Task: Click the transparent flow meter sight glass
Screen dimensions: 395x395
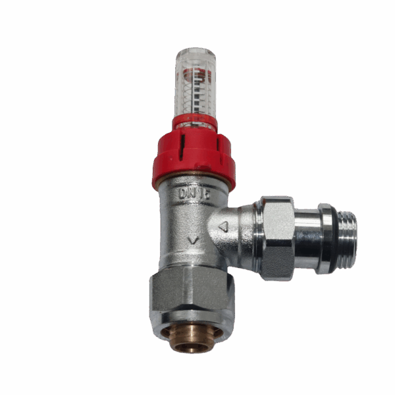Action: (195, 89)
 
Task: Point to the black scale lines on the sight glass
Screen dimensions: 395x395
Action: (196, 99)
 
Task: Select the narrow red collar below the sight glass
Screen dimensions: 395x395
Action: (195, 122)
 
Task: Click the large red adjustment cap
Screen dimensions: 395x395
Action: (194, 158)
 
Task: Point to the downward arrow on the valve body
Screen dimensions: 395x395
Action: (193, 240)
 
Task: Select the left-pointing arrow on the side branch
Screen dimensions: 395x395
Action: (223, 227)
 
